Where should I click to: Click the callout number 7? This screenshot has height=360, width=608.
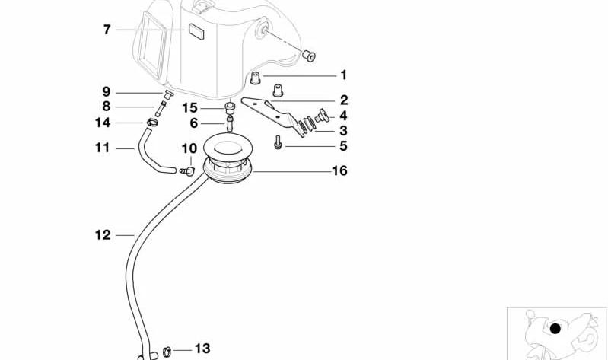[x=107, y=30]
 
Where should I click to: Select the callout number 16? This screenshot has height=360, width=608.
[x=339, y=170]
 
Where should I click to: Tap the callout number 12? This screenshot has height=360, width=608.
[x=103, y=235]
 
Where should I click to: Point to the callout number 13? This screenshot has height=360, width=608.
[x=202, y=349]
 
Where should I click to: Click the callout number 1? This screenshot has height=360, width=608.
[x=343, y=75]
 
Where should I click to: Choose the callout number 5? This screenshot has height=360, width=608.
[x=343, y=145]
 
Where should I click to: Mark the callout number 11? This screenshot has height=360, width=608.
[x=103, y=147]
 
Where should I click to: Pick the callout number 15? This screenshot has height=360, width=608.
[x=189, y=107]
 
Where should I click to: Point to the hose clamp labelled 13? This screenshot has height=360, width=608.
[x=167, y=351]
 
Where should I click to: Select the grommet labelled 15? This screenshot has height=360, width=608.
[x=229, y=105]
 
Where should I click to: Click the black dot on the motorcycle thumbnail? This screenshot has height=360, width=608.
[x=555, y=329]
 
